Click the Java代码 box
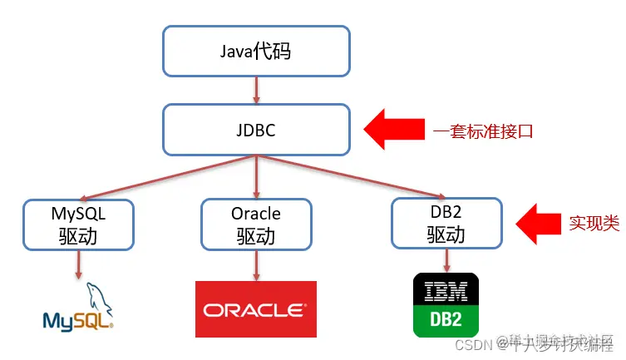pyautogui.click(x=255, y=52)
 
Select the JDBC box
pyautogui.click(x=255, y=130)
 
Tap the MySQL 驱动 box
pyautogui.click(x=78, y=224)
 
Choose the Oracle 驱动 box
pyautogui.click(x=255, y=224)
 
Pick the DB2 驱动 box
pyautogui.click(x=446, y=224)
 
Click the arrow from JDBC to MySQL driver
pyautogui.click(x=166, y=177)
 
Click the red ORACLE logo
pyautogui.click(x=255, y=309)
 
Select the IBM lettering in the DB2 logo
pyautogui.click(x=446, y=292)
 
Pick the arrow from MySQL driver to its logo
pyautogui.click(x=79, y=264)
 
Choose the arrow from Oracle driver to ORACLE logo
pyautogui.click(x=255, y=265)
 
